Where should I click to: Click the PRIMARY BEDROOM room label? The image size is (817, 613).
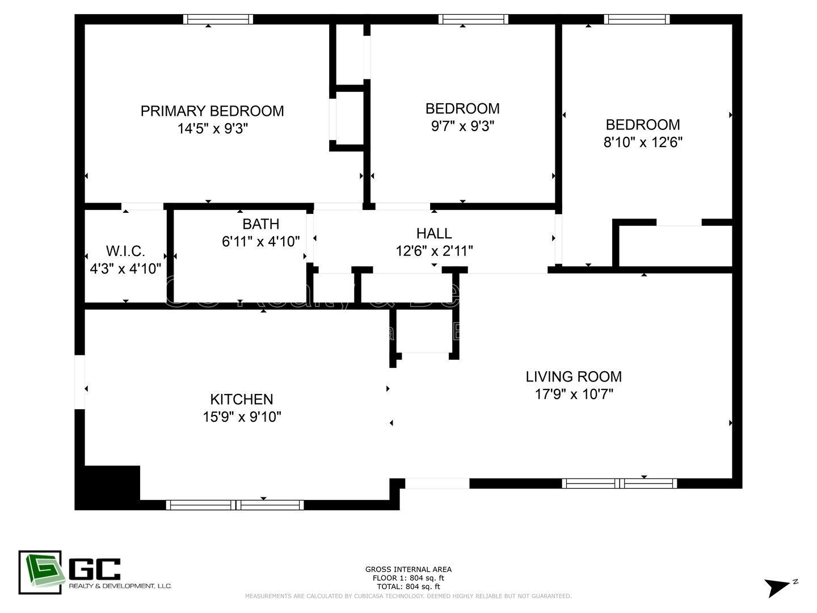(x=212, y=111)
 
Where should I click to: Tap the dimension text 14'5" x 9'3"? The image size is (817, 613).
(x=212, y=129)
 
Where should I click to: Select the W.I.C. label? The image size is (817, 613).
(x=125, y=251)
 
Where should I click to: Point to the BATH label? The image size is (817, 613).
(x=260, y=224)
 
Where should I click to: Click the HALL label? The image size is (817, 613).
(x=434, y=233)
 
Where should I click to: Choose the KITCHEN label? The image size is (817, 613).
(x=242, y=399)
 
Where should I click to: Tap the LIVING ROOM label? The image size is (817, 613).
(x=574, y=376)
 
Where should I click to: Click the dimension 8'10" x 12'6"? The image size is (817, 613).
(x=642, y=142)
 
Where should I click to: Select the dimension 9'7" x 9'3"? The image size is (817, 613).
(x=462, y=126)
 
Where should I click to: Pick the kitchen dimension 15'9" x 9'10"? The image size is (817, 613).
(x=242, y=417)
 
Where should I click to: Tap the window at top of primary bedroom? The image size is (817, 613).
(x=218, y=19)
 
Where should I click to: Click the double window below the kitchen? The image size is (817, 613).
(x=235, y=505)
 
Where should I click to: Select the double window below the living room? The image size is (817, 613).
(x=620, y=484)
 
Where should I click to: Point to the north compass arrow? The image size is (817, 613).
(x=777, y=587)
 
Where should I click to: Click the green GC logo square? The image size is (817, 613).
(x=40, y=572)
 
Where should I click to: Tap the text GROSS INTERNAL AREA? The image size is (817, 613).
(x=408, y=569)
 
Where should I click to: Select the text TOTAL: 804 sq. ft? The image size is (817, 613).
(x=408, y=586)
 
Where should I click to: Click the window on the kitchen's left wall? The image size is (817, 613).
(x=79, y=382)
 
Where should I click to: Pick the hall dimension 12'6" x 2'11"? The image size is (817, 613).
(x=434, y=251)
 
